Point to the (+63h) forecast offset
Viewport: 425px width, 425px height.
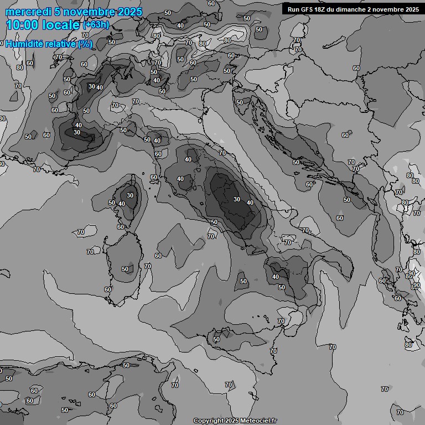(x=96, y=25)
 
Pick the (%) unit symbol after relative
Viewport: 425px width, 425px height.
(x=85, y=44)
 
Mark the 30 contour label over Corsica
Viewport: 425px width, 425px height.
(x=130, y=195)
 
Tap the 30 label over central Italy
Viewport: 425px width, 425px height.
(x=237, y=199)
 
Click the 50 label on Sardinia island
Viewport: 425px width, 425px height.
(x=125, y=269)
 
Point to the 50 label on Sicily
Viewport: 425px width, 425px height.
(x=216, y=339)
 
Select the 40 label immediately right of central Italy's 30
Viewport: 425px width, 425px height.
(x=250, y=203)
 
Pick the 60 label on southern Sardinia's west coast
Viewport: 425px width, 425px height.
(x=108, y=289)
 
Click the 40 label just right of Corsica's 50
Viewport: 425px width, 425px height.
(x=121, y=204)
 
